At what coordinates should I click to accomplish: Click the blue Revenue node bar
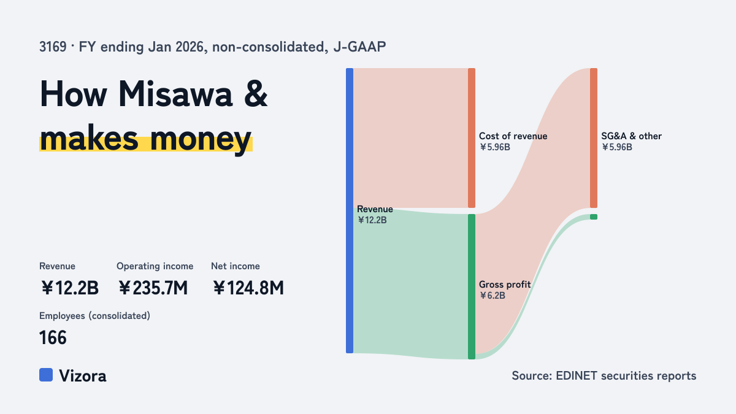pos(350,210)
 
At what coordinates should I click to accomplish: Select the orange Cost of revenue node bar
pos(472,138)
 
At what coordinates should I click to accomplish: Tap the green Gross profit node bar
pos(472,286)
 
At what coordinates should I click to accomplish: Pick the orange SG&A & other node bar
pos(594,138)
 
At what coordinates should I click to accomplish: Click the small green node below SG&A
pos(594,217)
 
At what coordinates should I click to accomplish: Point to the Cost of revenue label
pos(513,136)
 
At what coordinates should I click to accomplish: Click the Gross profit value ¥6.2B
pos(492,296)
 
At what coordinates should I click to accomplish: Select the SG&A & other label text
pos(631,136)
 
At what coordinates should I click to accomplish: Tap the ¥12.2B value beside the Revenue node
pos(372,220)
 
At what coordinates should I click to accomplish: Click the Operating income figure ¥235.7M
pos(153,288)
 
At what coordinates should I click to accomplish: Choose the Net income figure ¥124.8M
pos(248,288)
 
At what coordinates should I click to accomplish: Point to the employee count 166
pos(53,338)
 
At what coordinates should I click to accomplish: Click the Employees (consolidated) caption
pos(94,316)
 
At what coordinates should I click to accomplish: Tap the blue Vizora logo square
pos(46,375)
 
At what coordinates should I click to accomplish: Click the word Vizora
pos(83,376)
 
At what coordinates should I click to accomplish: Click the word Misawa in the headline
pos(175,94)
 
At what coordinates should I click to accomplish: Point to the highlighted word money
pos(201,139)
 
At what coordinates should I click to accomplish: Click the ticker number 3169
pos(53,47)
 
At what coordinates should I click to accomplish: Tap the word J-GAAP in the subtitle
pos(359,47)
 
